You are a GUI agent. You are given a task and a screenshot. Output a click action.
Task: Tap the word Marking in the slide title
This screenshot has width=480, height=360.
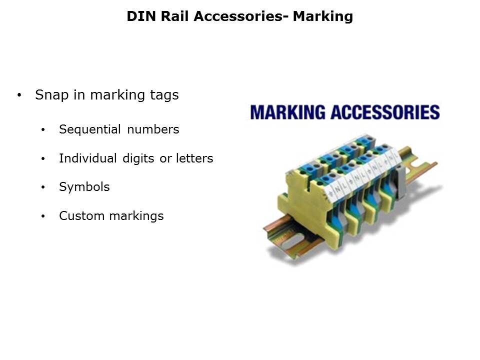tap(322, 16)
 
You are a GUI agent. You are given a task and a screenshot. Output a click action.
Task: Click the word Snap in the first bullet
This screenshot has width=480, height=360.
tap(51, 95)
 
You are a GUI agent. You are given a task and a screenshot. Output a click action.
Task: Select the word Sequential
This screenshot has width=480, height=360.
tap(90, 129)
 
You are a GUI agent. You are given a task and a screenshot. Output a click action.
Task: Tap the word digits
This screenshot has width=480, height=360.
tap(138, 158)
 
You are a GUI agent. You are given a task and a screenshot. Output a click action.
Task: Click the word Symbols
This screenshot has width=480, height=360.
tap(84, 187)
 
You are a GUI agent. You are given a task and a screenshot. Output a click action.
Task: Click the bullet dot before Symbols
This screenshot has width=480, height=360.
tap(43, 187)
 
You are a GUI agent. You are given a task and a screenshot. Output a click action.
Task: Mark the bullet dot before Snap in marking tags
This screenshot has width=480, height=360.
tap(19, 95)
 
